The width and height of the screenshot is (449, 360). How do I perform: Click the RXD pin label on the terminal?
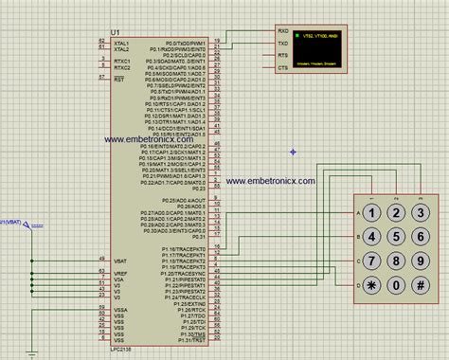click(283, 32)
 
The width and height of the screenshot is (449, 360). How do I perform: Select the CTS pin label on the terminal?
click(283, 68)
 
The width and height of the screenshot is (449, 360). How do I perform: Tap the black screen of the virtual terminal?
click(320, 50)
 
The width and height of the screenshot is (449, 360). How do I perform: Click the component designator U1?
click(116, 32)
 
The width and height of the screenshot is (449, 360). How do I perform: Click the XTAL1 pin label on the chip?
click(121, 43)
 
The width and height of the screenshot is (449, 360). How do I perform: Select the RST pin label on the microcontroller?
click(119, 80)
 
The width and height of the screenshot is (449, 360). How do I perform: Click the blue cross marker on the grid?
click(295, 152)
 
